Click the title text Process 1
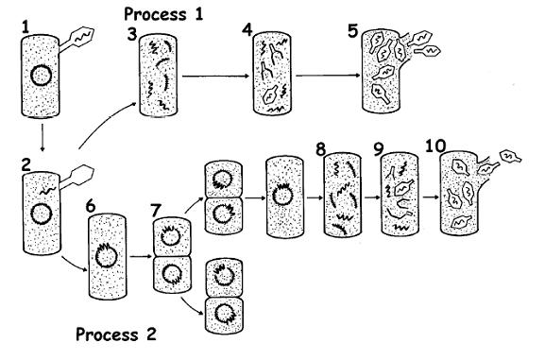(x=163, y=14)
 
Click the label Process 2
(x=116, y=334)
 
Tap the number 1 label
(x=26, y=27)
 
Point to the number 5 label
(x=352, y=31)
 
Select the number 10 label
(x=435, y=146)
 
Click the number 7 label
(x=157, y=211)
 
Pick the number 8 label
(x=320, y=150)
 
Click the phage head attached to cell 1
(x=83, y=36)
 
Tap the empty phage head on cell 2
(x=82, y=175)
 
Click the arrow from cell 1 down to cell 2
(x=43, y=138)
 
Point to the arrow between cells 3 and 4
(x=216, y=77)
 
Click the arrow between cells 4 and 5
(x=329, y=76)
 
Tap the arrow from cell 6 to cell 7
(x=142, y=257)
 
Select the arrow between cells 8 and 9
(x=372, y=197)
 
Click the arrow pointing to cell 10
(x=431, y=197)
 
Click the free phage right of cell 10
(x=510, y=156)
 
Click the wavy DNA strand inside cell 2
(x=47, y=191)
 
